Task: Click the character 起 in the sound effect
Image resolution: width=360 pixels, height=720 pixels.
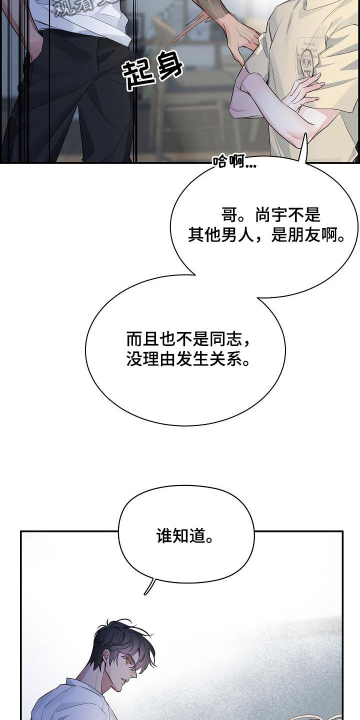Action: [x=136, y=75]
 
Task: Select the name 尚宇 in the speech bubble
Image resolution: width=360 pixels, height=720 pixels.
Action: [x=270, y=216]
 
